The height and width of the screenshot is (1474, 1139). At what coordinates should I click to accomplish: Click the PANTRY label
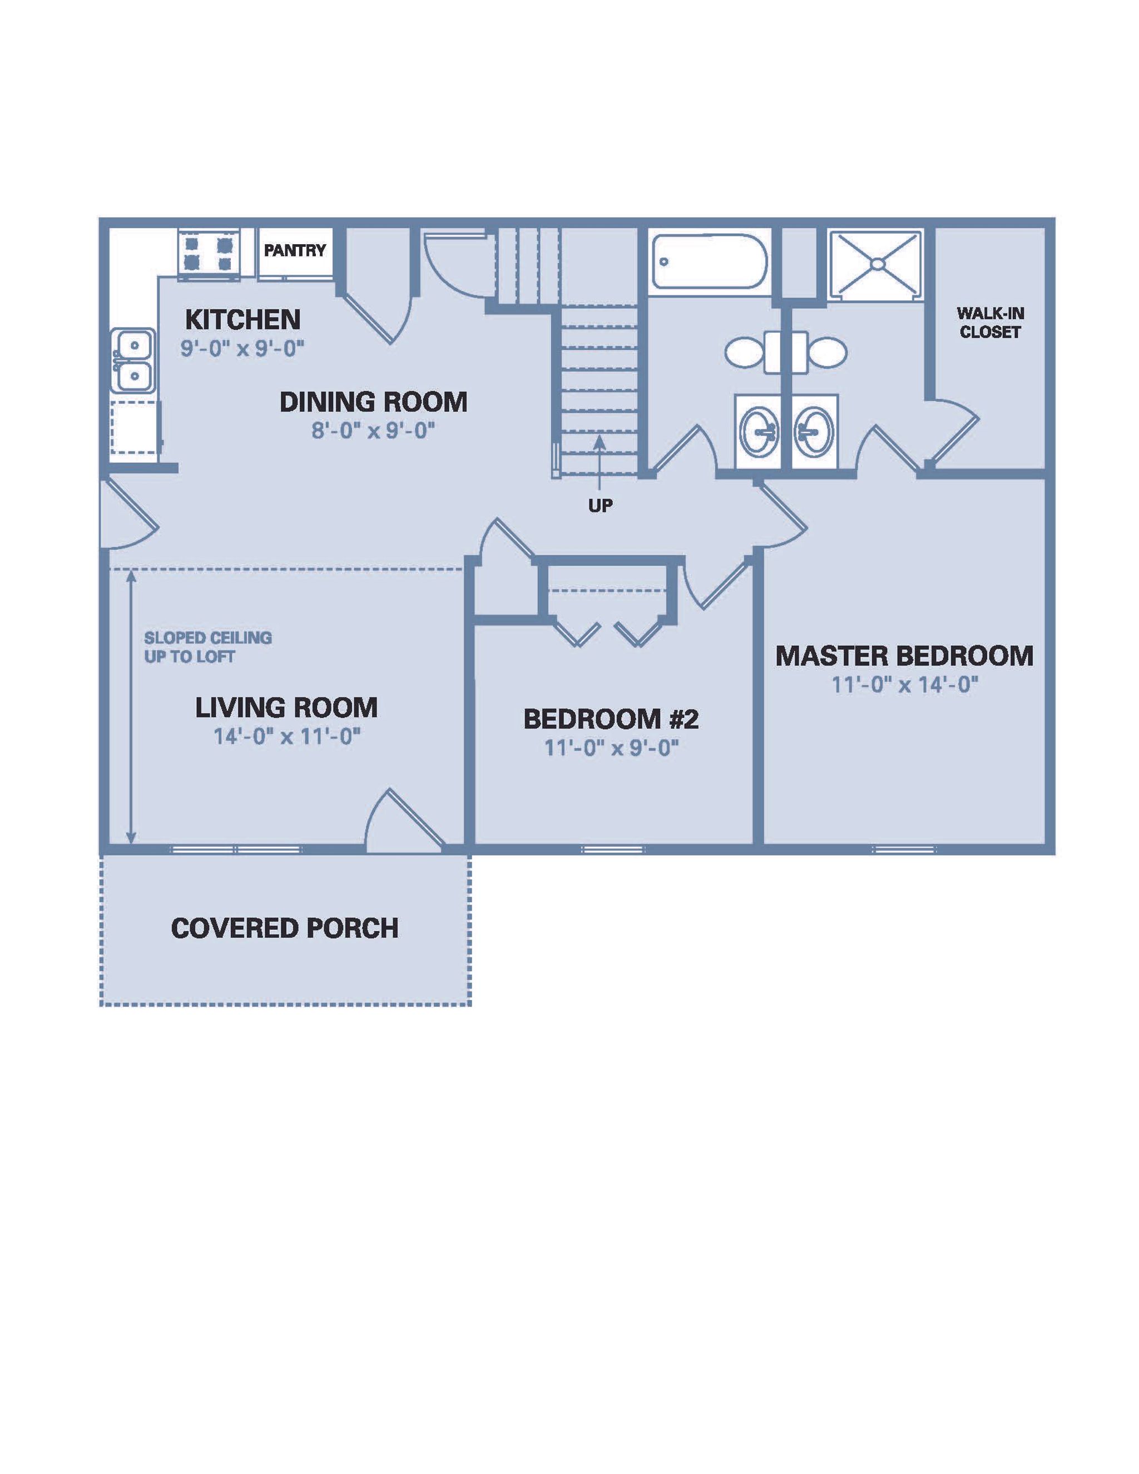295,250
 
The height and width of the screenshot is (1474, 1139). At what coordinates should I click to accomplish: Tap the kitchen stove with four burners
209,254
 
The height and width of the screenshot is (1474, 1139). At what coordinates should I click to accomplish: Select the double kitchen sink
134,360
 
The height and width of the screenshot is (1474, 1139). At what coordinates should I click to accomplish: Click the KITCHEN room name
242,319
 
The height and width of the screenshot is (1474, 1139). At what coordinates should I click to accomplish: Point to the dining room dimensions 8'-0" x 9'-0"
373,430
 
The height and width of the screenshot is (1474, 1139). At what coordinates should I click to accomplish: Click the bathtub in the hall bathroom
709,262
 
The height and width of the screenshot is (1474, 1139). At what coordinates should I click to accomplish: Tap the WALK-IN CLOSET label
990,323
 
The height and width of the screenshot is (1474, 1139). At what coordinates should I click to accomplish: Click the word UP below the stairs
600,506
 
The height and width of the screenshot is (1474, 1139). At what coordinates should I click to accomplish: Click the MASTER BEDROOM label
904,656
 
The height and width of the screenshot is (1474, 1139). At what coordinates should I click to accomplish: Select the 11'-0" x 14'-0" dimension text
904,685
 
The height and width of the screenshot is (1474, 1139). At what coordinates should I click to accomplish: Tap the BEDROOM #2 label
611,719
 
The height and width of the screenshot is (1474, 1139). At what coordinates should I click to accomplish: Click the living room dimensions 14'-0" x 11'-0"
287,736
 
